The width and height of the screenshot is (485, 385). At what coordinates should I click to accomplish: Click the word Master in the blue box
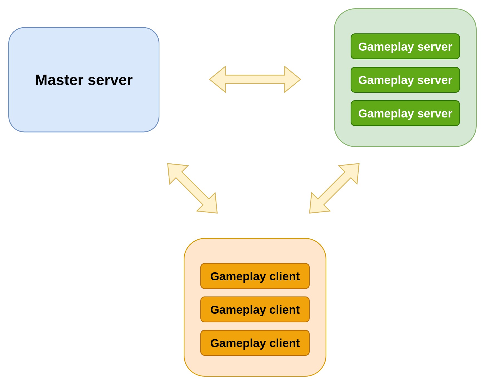point(59,80)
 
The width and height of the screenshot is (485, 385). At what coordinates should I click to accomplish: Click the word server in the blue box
point(110,80)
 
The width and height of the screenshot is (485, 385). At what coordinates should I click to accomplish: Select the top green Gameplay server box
point(405,46)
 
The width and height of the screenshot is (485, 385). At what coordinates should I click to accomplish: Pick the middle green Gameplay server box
point(405,80)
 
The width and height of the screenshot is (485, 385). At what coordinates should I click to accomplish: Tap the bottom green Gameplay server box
point(405,113)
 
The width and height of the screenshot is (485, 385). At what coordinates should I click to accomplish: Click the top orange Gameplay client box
point(255,276)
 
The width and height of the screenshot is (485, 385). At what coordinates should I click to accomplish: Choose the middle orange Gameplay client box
point(255,310)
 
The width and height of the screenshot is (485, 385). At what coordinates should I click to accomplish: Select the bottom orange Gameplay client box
point(255,343)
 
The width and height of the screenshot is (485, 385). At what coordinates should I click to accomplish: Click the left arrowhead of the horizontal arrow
point(218,79)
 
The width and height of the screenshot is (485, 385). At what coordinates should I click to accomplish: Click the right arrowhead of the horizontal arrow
point(292,79)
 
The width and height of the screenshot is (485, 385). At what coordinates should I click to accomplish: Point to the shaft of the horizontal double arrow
point(255,79)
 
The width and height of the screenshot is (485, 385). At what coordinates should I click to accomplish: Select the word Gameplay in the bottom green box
point(386,114)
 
